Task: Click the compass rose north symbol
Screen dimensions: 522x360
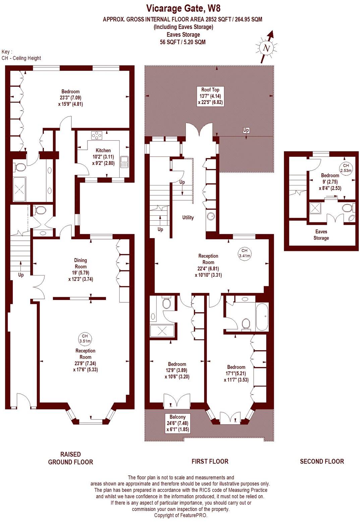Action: click(266, 48)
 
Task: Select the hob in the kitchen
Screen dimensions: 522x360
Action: click(97, 135)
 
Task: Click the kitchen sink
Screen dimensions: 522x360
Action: click(125, 162)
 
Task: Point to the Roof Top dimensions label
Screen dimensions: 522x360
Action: click(210, 96)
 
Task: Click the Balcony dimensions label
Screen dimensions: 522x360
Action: click(177, 423)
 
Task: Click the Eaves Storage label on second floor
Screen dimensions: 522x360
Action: click(321, 235)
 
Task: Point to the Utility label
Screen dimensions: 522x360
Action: click(188, 217)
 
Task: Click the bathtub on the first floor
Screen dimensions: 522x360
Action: click(261, 317)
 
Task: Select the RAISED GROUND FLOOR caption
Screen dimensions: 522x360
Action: click(70, 458)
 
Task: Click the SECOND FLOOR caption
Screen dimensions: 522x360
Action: click(322, 462)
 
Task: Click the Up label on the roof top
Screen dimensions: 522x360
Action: click(246, 130)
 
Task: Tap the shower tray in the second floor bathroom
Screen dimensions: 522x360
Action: click(315, 208)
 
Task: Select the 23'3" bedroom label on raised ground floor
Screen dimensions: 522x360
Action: click(70, 98)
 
